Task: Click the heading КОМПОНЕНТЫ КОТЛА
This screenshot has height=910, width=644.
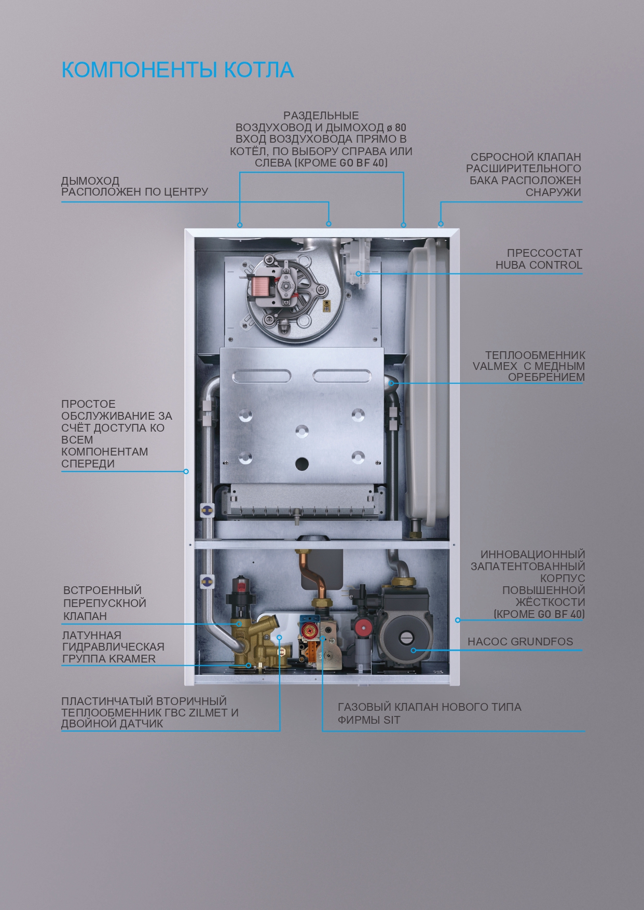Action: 177,70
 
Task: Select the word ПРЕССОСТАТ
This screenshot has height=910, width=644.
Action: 544,253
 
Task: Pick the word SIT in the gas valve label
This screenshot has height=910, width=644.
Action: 392,720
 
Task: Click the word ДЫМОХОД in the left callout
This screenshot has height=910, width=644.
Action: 90,181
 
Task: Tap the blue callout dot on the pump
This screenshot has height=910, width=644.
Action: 413,650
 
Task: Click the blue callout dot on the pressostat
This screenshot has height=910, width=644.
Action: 359,273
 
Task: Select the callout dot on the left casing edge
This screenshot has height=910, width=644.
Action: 186,472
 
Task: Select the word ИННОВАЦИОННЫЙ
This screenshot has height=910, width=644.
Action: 532,555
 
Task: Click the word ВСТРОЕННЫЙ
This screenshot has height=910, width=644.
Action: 102,590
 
